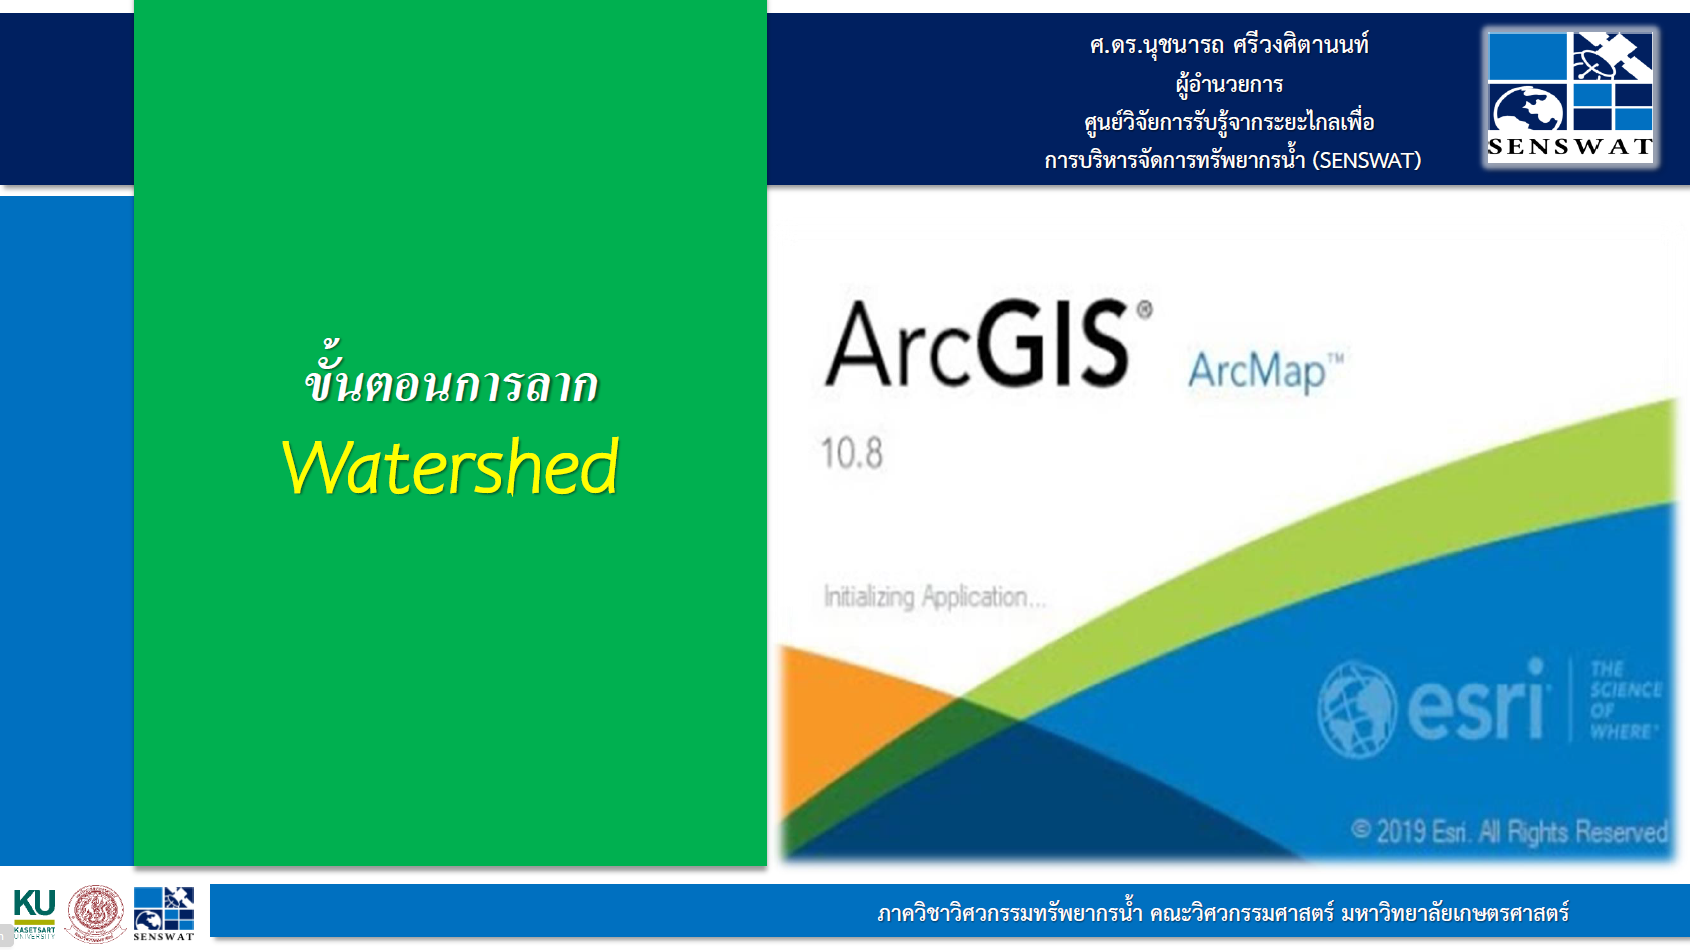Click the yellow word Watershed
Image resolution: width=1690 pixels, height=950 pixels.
451,468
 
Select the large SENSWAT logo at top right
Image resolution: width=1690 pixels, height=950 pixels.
1569,95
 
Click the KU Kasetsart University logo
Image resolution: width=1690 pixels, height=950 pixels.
34,913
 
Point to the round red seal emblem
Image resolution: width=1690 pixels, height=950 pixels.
96,913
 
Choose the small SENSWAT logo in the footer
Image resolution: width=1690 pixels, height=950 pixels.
164,913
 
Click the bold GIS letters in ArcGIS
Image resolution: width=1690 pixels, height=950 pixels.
1054,346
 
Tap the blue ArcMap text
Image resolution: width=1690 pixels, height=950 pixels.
1258,372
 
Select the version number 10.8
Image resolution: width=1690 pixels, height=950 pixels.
852,454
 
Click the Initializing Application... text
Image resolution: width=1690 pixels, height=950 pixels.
934,597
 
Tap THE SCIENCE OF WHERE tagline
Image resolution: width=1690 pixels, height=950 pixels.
1624,700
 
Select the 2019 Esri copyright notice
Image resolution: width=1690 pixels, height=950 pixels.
1509,831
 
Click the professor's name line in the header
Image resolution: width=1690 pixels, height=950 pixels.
1229,45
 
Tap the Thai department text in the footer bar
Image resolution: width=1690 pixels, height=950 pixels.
1222,913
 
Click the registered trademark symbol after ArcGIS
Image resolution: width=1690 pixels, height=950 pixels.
1144,310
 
